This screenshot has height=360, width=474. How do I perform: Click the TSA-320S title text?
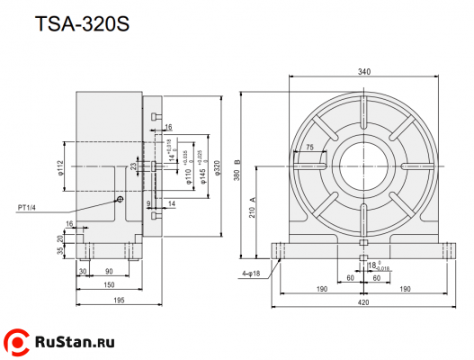pos(82,24)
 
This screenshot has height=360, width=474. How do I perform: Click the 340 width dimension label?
pos(363,72)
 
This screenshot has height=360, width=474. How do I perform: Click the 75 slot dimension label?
pos(309,147)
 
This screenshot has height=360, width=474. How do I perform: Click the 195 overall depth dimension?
pos(118,301)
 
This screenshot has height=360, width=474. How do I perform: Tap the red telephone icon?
pos(17,342)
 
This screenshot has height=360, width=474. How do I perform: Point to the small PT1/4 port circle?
pos(119,200)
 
